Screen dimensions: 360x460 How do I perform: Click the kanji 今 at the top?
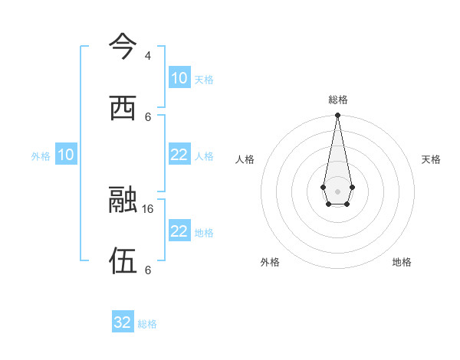tap(123, 47)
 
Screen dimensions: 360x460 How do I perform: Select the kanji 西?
tap(123, 109)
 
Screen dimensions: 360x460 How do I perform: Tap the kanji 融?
tap(123, 201)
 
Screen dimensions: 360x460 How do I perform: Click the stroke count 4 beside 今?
tap(147, 56)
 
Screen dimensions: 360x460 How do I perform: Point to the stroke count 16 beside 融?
tap(148, 208)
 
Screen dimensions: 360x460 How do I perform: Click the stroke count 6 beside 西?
tap(147, 116)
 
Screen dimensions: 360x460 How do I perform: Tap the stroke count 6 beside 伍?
tap(147, 270)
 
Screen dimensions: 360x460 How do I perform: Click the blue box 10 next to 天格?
tap(179, 78)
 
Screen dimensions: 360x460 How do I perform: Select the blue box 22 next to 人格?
tap(179, 155)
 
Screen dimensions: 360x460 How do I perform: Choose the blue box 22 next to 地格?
tap(179, 231)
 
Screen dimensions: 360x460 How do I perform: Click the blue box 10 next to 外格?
tap(66, 155)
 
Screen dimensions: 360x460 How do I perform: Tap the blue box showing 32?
tap(123, 322)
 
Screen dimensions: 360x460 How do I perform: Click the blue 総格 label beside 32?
tap(147, 324)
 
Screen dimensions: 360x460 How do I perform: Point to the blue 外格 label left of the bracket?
tap(41, 156)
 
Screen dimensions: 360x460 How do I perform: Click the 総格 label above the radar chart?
tap(337, 100)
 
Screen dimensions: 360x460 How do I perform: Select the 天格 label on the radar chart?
tap(431, 159)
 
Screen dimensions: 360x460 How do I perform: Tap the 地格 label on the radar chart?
tap(402, 262)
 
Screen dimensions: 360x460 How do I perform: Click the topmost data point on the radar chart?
tap(337, 115)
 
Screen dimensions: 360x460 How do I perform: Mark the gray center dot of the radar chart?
tap(337, 190)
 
